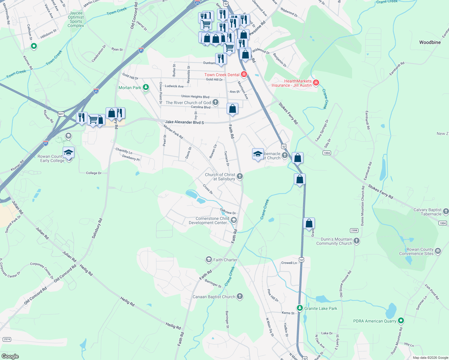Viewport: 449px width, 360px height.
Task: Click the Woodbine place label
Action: pos(430,42)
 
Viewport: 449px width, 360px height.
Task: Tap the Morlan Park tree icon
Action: pos(146,87)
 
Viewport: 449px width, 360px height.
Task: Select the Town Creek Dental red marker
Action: pos(244,74)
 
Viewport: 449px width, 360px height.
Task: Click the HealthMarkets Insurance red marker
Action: pos(316,82)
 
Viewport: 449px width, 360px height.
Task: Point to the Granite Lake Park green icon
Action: pos(300,308)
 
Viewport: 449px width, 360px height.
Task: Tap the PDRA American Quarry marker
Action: pos(401,321)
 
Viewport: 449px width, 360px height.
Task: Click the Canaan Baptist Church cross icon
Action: pos(240,296)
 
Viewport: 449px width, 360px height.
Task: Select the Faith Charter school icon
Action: pos(209,259)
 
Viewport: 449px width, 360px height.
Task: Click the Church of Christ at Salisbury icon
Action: pos(240,176)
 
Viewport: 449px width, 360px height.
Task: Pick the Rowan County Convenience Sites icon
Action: pos(438,251)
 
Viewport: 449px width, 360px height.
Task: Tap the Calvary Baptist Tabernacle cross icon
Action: pos(446,211)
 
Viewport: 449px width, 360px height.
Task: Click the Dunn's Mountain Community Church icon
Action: pos(356,241)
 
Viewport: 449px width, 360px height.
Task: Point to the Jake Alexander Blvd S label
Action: pos(185,122)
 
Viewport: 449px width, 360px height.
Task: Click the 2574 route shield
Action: pos(7,339)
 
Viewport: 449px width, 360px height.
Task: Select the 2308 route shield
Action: pos(354,230)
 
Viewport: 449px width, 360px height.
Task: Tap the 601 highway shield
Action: pos(61,114)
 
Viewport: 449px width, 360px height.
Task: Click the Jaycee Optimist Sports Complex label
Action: pos(76,19)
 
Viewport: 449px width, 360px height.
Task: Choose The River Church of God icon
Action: pos(215,102)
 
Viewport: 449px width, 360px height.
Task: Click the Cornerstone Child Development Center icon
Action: pos(234,220)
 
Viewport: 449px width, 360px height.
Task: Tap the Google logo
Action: pos(10,356)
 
